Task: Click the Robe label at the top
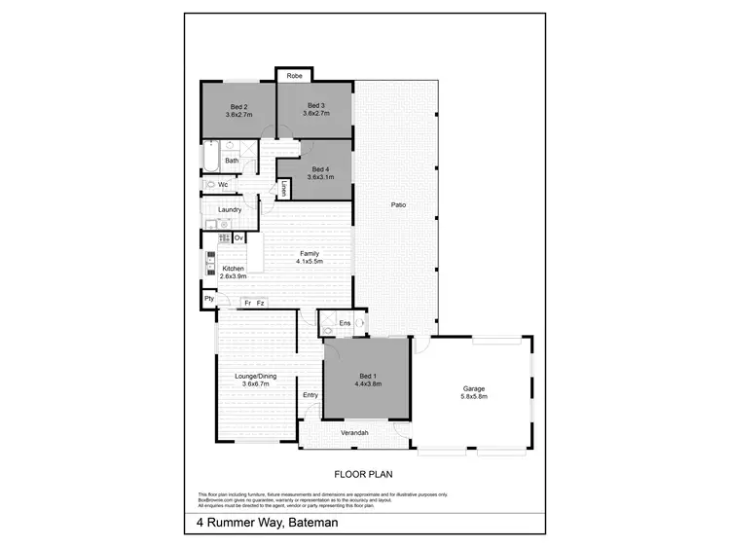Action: tap(293, 76)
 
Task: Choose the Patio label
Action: tap(398, 205)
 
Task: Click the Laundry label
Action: tap(230, 209)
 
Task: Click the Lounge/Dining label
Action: tap(255, 379)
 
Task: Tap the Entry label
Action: tap(310, 394)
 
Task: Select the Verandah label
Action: tap(353, 432)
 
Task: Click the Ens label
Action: tap(344, 322)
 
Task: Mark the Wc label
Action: tap(223, 184)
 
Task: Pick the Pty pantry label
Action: tap(208, 298)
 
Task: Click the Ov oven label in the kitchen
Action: tap(237, 237)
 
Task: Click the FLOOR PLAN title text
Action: tap(364, 475)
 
